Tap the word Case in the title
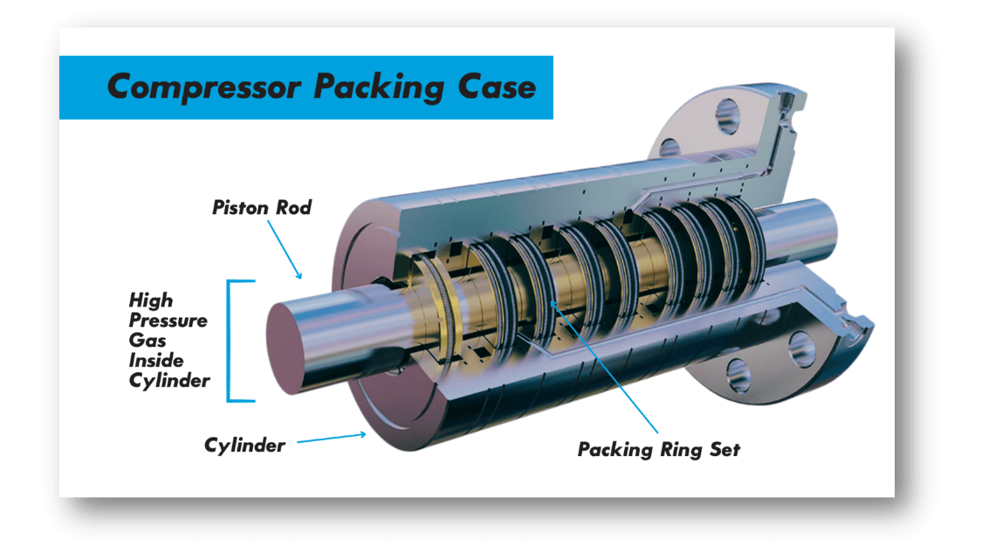(x=497, y=87)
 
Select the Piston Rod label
(x=262, y=208)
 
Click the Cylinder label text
(x=244, y=446)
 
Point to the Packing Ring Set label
(x=658, y=450)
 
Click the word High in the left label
(x=151, y=301)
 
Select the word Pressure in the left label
(x=168, y=321)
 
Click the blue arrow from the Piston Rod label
(x=283, y=249)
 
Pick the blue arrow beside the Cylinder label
(x=332, y=439)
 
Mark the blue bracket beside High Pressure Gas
(x=231, y=341)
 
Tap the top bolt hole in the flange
(x=727, y=114)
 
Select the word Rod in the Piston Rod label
(x=295, y=208)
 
